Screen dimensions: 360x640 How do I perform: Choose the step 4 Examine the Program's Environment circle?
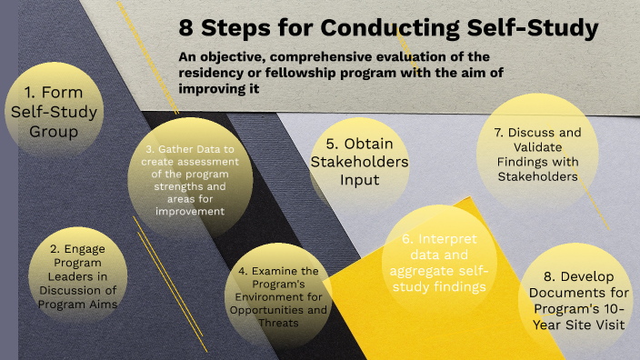pyautogui.click(x=279, y=291)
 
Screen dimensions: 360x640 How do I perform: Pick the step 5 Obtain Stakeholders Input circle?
pyautogui.click(x=357, y=162)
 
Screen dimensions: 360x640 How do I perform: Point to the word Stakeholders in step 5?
pyautogui.click(x=357, y=162)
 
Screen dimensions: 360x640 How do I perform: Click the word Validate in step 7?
pyautogui.click(x=538, y=146)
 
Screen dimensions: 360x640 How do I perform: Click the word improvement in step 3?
pyautogui.click(x=189, y=210)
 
